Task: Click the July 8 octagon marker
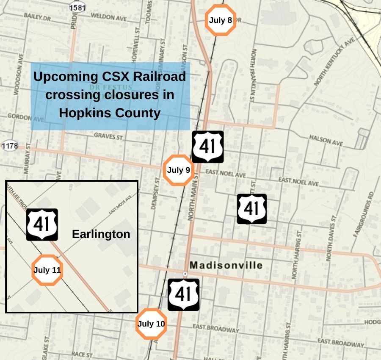tap(220, 20)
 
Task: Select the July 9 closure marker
tap(178, 170)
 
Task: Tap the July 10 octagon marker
tap(151, 324)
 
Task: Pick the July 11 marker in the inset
tap(47, 270)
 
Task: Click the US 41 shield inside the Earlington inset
tap(42, 224)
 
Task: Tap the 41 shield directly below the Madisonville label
tap(183, 294)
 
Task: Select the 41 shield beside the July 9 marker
tap(207, 147)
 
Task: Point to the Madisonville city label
tap(226, 266)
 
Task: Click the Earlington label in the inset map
tap(101, 234)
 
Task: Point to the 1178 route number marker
tap(9, 146)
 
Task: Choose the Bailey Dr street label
tap(37, 18)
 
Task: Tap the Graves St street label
tap(108, 136)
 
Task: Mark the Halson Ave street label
tap(326, 141)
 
